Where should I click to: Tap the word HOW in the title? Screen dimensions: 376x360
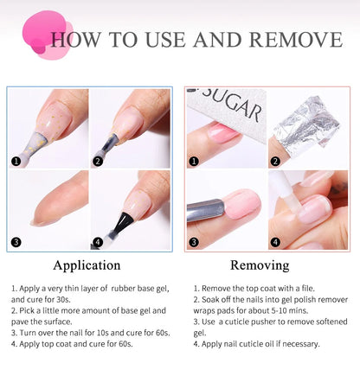point(80,40)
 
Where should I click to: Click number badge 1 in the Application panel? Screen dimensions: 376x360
point(15,161)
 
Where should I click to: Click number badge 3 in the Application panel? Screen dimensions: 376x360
point(15,243)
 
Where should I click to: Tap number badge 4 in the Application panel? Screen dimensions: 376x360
point(98,243)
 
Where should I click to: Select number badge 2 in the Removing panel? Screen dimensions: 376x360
point(276,161)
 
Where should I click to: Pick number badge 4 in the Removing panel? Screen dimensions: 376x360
point(276,243)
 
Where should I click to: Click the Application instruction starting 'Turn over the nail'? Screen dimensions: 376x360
point(86,331)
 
